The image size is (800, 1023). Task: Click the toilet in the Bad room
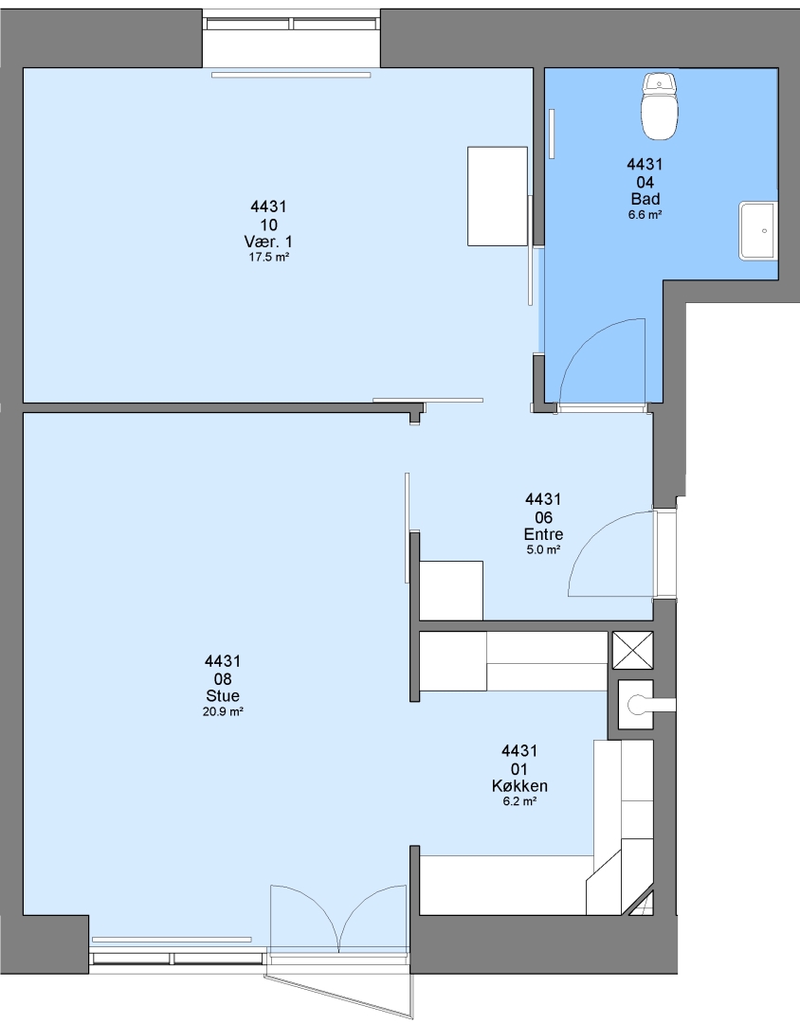[x=659, y=107]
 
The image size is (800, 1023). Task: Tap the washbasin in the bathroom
[x=757, y=230]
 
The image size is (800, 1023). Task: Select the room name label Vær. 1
[x=268, y=242]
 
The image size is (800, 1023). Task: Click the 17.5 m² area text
[x=268, y=257]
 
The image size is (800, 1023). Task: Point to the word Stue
[x=223, y=696]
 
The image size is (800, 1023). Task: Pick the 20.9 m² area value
[x=223, y=711]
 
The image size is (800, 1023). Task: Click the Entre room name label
[x=543, y=534]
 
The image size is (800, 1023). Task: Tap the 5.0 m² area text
[x=543, y=550]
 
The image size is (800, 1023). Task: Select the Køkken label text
[x=519, y=786]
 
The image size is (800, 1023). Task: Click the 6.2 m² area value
[x=519, y=802]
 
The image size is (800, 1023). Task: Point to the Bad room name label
[x=645, y=199]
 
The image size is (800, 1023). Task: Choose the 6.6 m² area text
[x=645, y=215]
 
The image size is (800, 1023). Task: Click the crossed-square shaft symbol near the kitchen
[x=632, y=651]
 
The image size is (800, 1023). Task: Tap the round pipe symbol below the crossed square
[x=635, y=704]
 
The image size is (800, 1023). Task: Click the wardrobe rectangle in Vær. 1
[x=498, y=196]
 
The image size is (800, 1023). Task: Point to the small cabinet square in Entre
[x=451, y=590]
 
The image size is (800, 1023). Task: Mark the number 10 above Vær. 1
[x=268, y=225]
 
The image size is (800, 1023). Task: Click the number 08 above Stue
[x=223, y=679]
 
